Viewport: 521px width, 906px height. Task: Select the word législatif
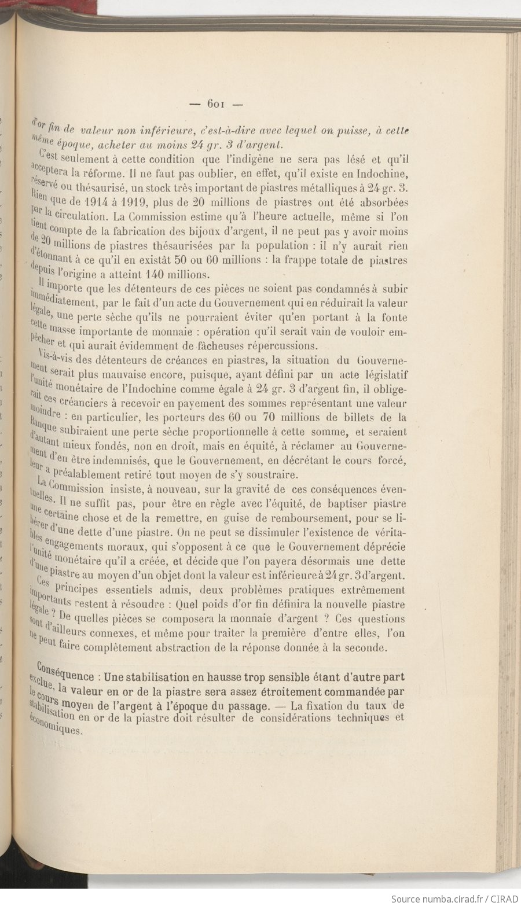[x=385, y=375]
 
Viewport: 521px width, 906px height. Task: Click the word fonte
[x=395, y=318]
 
